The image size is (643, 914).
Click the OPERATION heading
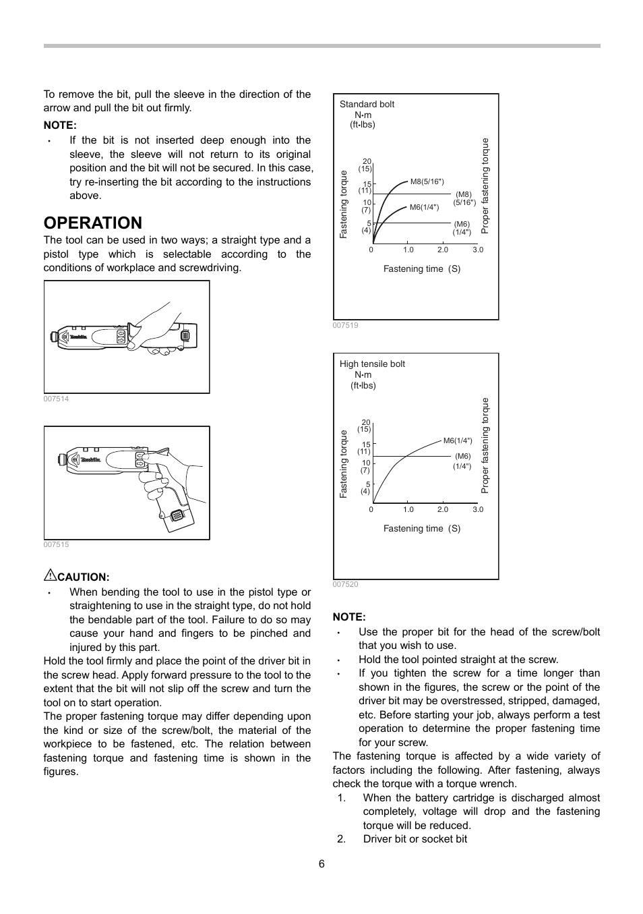(x=93, y=223)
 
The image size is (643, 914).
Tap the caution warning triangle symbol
(x=50, y=575)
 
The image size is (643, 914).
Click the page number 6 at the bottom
(x=321, y=864)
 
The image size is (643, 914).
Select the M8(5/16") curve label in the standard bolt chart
(x=427, y=181)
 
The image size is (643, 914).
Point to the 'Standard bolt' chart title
(x=367, y=104)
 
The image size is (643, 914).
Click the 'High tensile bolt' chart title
(x=372, y=364)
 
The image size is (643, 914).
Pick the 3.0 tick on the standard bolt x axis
(x=478, y=250)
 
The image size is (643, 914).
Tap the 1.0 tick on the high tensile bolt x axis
(x=408, y=509)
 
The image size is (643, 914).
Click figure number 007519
(x=345, y=325)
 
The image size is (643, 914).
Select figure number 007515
(x=56, y=544)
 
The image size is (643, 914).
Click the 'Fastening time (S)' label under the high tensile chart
(x=422, y=528)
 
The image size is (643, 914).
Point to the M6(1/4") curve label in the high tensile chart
(x=458, y=440)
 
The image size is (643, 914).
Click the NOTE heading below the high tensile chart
(x=349, y=617)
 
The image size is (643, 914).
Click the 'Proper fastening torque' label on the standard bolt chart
(x=485, y=186)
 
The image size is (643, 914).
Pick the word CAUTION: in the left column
(x=83, y=577)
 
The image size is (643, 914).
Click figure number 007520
(x=345, y=584)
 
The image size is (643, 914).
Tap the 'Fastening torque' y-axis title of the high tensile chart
(x=343, y=464)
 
